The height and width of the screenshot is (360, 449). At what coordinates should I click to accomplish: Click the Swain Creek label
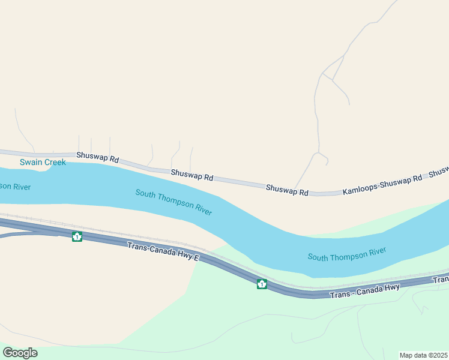pos(43,163)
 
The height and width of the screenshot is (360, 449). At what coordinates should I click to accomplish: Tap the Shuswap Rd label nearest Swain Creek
pos(98,158)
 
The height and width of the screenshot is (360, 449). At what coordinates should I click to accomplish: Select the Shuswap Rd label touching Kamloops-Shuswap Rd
pos(287,189)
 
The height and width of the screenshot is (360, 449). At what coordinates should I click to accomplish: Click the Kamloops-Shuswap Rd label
pos(382,184)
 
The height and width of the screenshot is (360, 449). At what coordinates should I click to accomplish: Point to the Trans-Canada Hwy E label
pos(163,252)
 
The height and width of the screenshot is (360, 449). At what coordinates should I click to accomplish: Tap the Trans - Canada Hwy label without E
pos(365,290)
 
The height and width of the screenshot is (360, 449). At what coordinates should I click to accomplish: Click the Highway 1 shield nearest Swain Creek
pos(77,236)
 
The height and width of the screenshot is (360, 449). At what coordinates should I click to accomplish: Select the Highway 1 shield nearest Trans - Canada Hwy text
pos(262,284)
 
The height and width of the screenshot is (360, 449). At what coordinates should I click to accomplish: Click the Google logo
pos(20,353)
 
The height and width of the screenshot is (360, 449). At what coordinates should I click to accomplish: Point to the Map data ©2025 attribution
pos(424,355)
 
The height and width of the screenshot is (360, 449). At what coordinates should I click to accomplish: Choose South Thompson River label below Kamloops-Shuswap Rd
pos(347,253)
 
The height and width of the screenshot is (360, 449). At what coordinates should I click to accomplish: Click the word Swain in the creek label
pos(30,163)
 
